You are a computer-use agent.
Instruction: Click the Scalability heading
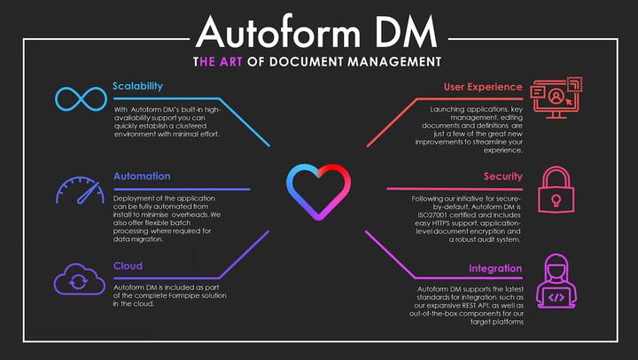click(137, 86)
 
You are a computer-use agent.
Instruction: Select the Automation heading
click(142, 176)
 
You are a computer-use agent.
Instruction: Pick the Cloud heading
click(128, 266)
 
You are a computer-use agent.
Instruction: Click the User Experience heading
click(483, 87)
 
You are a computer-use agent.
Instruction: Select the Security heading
click(502, 176)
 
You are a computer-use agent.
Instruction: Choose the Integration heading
click(494, 268)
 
